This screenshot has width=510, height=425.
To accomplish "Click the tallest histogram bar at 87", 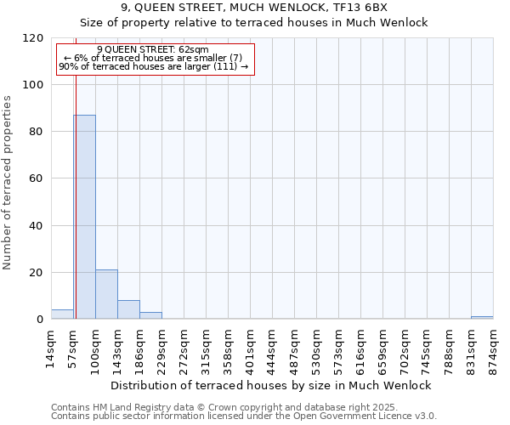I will (x=84, y=217).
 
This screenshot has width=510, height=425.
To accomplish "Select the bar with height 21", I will (x=106, y=294).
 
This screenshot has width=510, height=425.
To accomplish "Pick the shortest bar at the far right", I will (x=482, y=317).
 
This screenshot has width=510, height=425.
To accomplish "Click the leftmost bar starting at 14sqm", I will (x=62, y=314).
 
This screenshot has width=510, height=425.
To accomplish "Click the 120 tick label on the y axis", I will (x=33, y=38).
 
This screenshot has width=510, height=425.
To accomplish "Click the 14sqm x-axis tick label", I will (x=51, y=346).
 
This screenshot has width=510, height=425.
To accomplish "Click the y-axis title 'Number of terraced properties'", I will (x=8, y=183).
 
